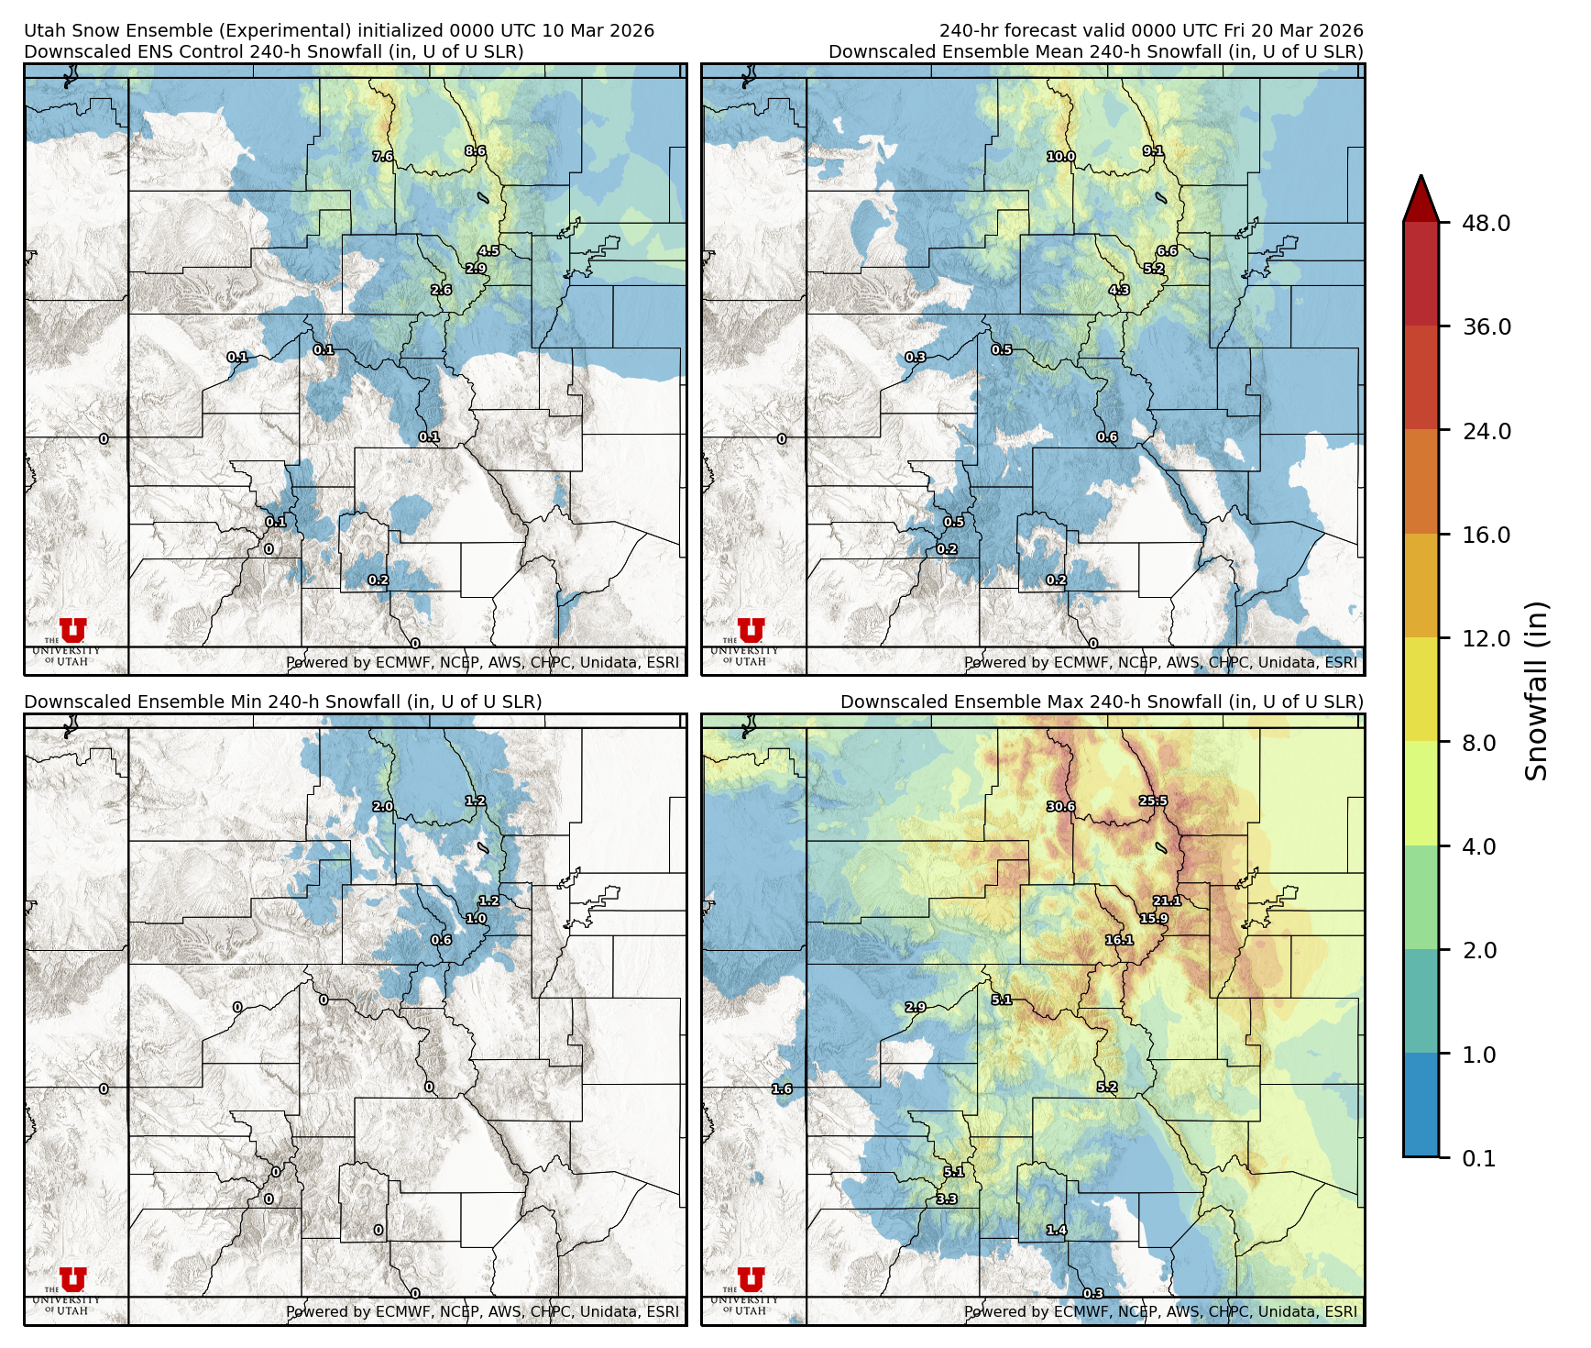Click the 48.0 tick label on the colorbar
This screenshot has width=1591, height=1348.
(x=1486, y=223)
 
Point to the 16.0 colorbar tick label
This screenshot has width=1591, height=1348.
(x=1486, y=535)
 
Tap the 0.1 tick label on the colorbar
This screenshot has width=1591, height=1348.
(x=1478, y=1158)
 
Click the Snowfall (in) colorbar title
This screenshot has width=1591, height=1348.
(x=1536, y=691)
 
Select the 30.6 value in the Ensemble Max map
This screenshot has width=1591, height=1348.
(x=1060, y=807)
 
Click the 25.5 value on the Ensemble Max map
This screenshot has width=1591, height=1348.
(x=1153, y=801)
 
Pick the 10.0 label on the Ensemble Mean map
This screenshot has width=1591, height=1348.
(x=1061, y=157)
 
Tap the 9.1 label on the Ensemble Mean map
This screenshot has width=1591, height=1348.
(x=1153, y=151)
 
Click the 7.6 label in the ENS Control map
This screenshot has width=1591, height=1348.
(x=382, y=157)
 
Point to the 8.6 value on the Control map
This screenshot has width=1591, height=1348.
(x=475, y=151)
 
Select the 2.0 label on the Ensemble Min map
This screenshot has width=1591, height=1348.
(x=382, y=807)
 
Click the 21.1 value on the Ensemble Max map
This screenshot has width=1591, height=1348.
(x=1167, y=901)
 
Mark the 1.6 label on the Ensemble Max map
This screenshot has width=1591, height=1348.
(x=782, y=1089)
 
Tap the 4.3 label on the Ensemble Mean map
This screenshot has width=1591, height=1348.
(x=1119, y=290)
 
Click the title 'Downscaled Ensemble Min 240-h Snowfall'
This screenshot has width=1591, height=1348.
(x=282, y=702)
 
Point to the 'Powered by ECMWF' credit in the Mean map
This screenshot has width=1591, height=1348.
(x=1160, y=662)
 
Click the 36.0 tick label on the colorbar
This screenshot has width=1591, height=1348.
(x=1486, y=327)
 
